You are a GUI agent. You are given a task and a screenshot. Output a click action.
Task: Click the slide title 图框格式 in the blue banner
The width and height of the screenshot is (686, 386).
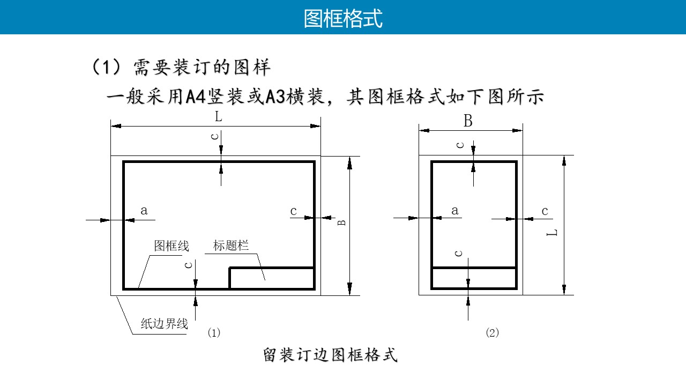pyautogui.click(x=343, y=18)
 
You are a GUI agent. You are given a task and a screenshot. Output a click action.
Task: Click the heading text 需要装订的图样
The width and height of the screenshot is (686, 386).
pyautogui.click(x=202, y=67)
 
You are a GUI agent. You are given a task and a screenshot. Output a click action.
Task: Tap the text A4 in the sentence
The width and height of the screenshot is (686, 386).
pyautogui.click(x=196, y=97)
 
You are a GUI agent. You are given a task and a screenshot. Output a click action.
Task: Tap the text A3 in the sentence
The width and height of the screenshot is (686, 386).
pyautogui.click(x=275, y=97)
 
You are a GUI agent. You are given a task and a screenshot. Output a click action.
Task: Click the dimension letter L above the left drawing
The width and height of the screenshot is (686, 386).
pyautogui.click(x=218, y=117)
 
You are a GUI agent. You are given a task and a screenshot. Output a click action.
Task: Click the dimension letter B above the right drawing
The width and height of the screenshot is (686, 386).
pyautogui.click(x=468, y=121)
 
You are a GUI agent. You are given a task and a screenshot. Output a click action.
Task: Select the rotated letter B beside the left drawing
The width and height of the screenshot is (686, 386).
pyautogui.click(x=341, y=222)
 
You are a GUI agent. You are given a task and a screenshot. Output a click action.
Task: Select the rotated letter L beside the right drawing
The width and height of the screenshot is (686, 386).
pyautogui.click(x=552, y=233)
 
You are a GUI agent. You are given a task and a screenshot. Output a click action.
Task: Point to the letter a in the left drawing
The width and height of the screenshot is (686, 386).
pyautogui.click(x=144, y=211)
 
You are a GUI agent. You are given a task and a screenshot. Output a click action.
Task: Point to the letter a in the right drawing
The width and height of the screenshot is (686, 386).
pyautogui.click(x=455, y=211)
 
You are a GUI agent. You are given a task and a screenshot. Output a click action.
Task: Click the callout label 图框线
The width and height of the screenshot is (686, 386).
pyautogui.click(x=171, y=246)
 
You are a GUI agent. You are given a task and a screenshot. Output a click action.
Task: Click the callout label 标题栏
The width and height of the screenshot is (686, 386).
pyautogui.click(x=231, y=246)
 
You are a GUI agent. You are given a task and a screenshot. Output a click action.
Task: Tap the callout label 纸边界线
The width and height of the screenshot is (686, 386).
pyautogui.click(x=165, y=324)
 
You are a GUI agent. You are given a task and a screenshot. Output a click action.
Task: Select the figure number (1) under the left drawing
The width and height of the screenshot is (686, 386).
pyautogui.click(x=214, y=332)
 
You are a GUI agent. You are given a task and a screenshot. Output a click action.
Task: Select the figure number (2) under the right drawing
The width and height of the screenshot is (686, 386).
pyautogui.click(x=493, y=332)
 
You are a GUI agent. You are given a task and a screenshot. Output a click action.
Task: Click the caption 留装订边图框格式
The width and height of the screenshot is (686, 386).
pyautogui.click(x=331, y=355)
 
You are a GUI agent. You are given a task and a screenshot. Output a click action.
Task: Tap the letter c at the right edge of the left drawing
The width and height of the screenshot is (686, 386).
pyautogui.click(x=293, y=211)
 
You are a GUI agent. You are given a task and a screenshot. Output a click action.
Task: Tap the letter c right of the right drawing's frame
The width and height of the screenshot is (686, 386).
pyautogui.click(x=545, y=211)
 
